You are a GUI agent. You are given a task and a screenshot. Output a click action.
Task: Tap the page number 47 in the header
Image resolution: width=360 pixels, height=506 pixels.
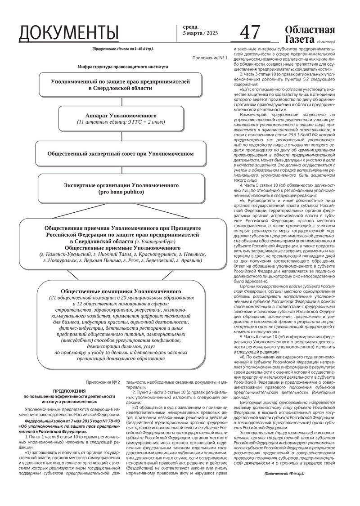click(250, 33)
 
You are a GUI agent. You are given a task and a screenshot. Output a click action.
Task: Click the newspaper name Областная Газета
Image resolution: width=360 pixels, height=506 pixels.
click(310, 34)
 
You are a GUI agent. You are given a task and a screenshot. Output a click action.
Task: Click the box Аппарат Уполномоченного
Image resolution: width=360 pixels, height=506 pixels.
click(121, 118)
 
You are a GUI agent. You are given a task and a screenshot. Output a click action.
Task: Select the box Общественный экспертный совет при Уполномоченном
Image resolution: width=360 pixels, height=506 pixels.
click(121, 153)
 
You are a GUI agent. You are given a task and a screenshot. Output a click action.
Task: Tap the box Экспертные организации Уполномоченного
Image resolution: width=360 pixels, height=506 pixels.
click(121, 188)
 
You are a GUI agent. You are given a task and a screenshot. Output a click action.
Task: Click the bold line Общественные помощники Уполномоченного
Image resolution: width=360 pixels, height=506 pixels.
click(120, 291)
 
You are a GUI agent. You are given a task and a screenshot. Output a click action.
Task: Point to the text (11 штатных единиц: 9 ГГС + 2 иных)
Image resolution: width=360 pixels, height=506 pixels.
click(121, 122)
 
